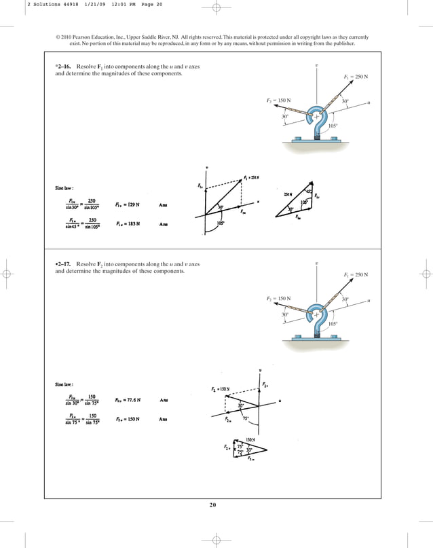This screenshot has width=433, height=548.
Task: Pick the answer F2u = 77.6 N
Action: click(130, 399)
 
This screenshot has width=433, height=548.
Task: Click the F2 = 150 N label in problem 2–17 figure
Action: click(278, 298)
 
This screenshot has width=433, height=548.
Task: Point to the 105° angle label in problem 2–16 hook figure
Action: click(333, 126)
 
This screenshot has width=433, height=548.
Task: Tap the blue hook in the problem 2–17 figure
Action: click(315, 319)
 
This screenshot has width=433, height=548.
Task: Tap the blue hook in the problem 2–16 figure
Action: click(315, 121)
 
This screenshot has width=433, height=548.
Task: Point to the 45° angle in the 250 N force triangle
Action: click(308, 191)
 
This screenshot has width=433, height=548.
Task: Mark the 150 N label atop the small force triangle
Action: click(250, 440)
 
